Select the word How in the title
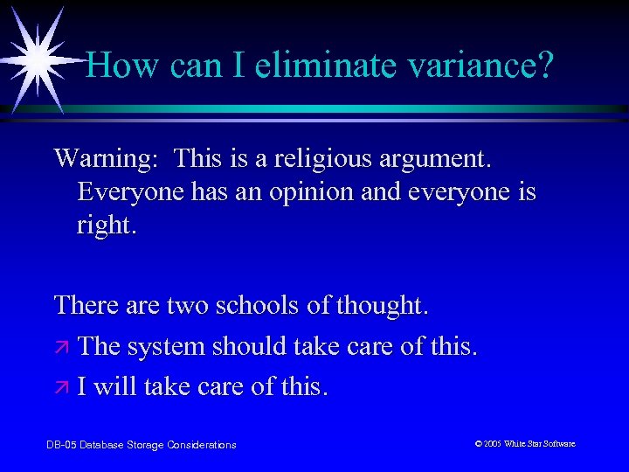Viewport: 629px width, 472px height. point(120,65)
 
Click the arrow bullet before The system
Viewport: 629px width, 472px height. point(61,347)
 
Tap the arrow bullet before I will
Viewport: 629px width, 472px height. point(61,387)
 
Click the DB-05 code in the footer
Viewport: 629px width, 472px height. point(60,445)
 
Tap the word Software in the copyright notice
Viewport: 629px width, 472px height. point(556,444)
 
